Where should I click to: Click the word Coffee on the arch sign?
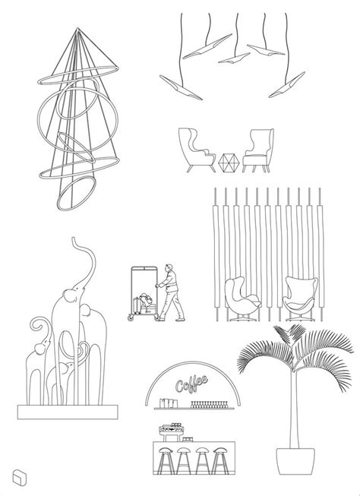(x=191, y=384)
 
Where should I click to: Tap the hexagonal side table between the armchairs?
(x=228, y=163)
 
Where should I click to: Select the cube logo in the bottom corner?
(x=19, y=477)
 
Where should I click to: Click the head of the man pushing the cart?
(x=170, y=267)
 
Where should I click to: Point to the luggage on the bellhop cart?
(x=144, y=304)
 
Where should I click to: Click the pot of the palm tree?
(x=295, y=461)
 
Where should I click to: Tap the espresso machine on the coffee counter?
(x=172, y=431)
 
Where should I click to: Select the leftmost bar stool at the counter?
(x=166, y=460)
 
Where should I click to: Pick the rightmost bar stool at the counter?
(x=220, y=460)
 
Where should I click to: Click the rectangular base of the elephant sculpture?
(x=68, y=412)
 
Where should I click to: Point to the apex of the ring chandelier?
(x=77, y=28)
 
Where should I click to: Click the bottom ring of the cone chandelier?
(x=76, y=193)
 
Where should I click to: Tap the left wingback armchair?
(x=196, y=150)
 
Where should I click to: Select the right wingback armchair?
(x=258, y=150)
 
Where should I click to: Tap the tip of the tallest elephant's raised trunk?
(x=74, y=239)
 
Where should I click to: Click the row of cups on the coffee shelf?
(x=209, y=405)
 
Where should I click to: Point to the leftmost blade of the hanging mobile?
(x=181, y=87)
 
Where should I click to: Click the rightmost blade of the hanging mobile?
(x=287, y=85)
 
